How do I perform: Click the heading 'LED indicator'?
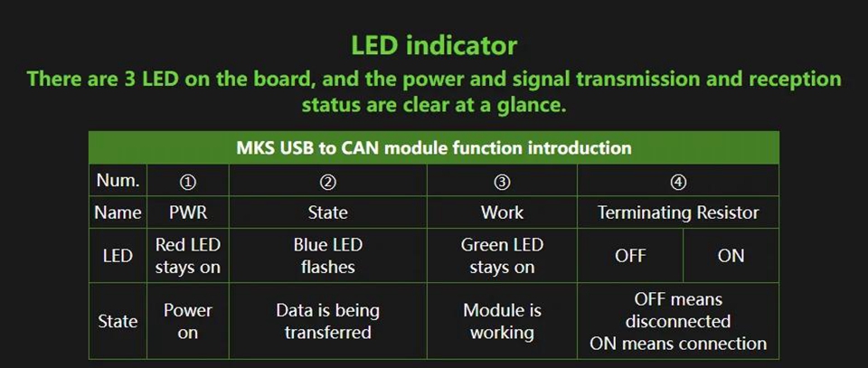[x=434, y=45]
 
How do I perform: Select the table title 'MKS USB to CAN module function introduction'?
[x=434, y=147]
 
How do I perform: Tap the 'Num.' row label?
[x=118, y=181]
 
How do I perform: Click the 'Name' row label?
[x=118, y=212]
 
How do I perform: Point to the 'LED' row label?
[x=118, y=256]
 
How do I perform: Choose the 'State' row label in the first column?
[x=118, y=322]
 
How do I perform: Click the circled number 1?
[x=188, y=181]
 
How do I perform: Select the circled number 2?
[x=327, y=181]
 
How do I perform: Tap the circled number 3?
[x=502, y=181]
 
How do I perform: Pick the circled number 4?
[x=678, y=181]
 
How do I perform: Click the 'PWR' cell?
[x=188, y=212]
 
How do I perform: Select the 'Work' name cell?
[x=502, y=212]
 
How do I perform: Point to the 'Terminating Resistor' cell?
[x=678, y=212]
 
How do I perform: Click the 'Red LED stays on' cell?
[x=188, y=256]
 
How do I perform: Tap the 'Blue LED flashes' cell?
[x=327, y=256]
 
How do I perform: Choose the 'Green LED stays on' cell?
[x=502, y=256]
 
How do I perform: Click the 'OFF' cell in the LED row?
[x=630, y=256]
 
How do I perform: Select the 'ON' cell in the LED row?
[x=731, y=256]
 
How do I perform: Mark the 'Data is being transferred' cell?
[x=327, y=322]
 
